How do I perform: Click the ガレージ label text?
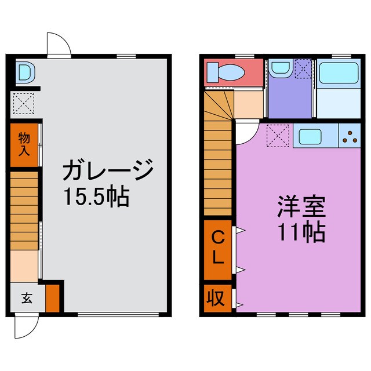pos(108,170)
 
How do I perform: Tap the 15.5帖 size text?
pos(97,197)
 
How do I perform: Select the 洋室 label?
pos(301,206)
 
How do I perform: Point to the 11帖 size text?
pos(301,231)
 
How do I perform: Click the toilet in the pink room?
pos(225,72)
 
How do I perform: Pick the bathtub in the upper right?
pos(339,73)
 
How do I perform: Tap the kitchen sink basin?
pos(310,137)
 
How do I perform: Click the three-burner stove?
pos(350,136)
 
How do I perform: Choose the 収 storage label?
pos(216,298)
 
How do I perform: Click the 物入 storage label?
pos(24,144)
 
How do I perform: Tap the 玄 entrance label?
pos(27,298)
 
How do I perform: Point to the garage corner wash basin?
pos(26,71)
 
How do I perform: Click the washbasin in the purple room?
pos(281,68)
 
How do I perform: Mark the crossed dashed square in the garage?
pos(24,103)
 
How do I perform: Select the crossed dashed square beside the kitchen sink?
pos(278,136)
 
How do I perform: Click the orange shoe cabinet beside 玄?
pos(52,298)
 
